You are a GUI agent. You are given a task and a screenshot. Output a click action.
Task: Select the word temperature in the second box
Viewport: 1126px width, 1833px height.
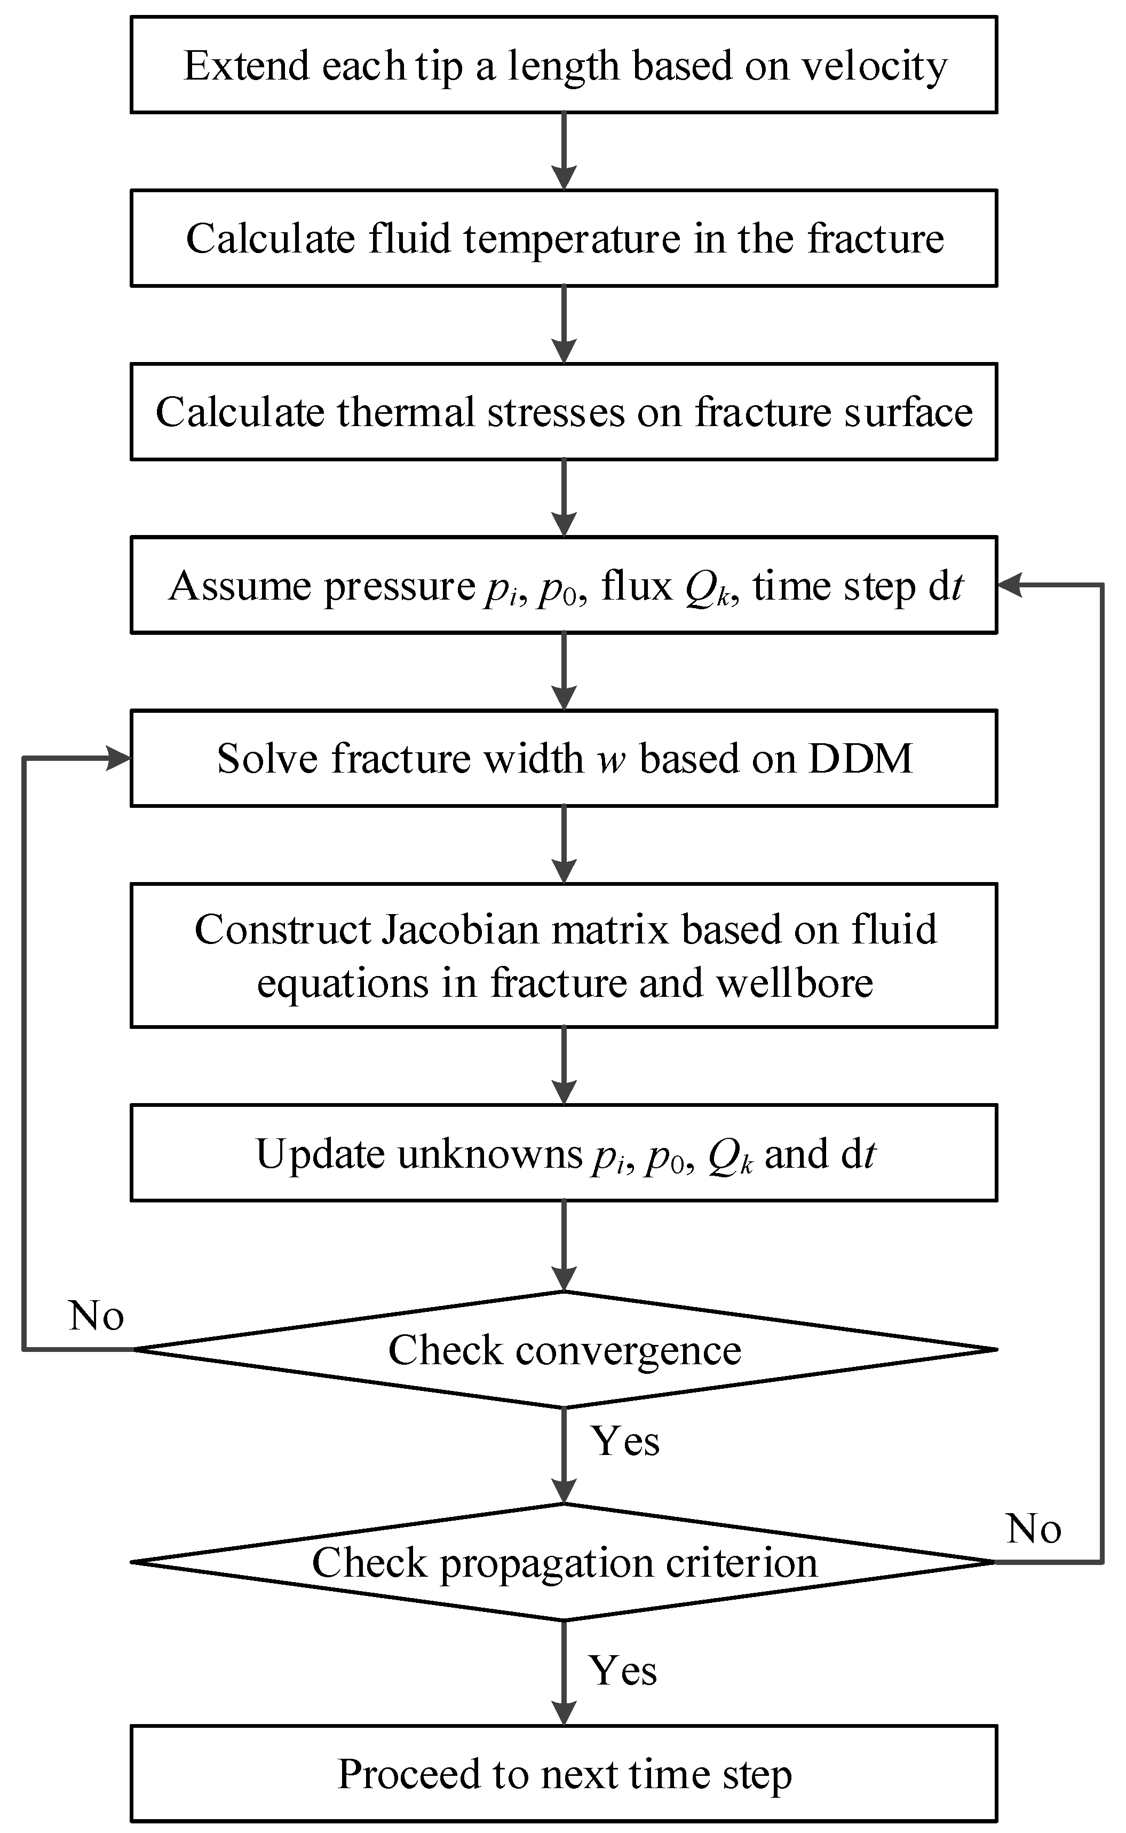point(572,240)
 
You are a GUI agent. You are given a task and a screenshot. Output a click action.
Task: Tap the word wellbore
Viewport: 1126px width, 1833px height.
point(795,983)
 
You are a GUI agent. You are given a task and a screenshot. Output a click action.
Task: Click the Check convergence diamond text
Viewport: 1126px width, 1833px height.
point(565,1350)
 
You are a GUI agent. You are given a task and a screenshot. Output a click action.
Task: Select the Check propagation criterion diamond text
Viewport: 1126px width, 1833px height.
point(565,1562)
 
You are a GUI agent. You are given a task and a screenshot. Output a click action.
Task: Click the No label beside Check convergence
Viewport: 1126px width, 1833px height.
point(96,1317)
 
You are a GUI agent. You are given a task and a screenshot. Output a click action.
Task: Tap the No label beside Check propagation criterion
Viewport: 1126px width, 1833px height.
point(1034,1530)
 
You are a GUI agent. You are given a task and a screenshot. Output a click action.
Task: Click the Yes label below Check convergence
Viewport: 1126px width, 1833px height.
point(625,1441)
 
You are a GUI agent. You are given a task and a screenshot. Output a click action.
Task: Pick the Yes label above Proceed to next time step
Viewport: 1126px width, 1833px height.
point(623,1671)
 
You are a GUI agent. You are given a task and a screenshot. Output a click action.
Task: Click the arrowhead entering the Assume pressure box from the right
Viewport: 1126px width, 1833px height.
point(1010,586)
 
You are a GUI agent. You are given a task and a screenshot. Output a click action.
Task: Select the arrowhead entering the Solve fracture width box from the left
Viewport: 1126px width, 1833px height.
point(119,759)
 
